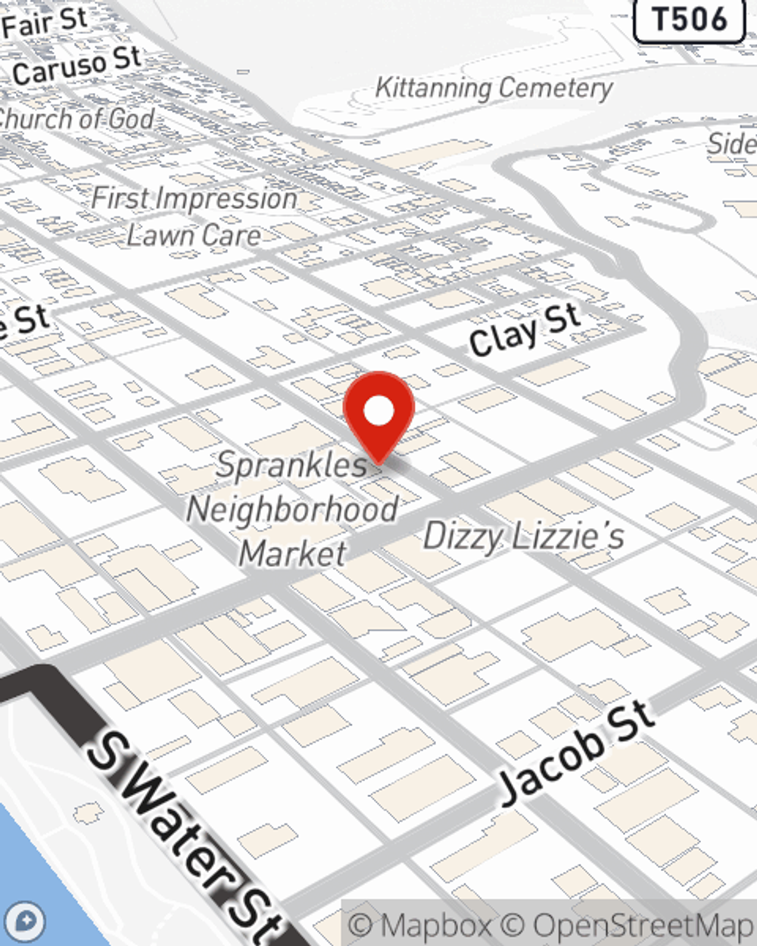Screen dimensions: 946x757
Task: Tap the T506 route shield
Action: coord(690,20)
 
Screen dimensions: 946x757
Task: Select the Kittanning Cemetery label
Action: coord(494,88)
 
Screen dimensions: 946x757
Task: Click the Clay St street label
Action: coord(524,329)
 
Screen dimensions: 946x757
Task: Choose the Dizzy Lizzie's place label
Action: coord(524,537)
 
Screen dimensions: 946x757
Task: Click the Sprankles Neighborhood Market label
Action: coord(292,509)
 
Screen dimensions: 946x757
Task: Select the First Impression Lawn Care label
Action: coord(194,217)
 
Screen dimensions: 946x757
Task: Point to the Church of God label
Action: coord(76,119)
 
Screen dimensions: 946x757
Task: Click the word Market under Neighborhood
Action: coord(293,554)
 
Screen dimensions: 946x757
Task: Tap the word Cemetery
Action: coord(556,89)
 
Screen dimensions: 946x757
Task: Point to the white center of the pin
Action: coord(378,412)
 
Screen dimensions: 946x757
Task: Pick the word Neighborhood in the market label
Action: coord(292,509)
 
